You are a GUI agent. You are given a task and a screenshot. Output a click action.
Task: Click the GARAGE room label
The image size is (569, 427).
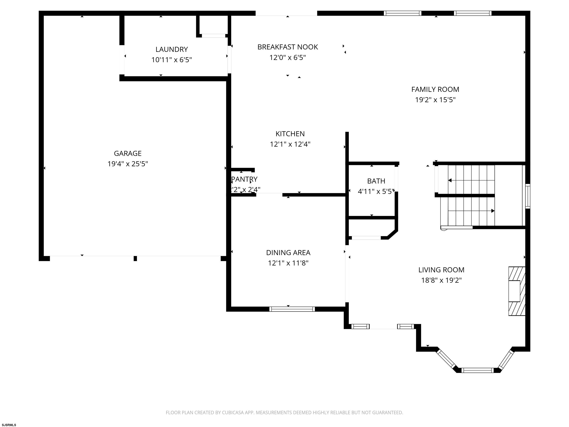(x=128, y=153)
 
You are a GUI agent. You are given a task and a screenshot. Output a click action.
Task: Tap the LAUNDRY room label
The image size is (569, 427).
(x=172, y=49)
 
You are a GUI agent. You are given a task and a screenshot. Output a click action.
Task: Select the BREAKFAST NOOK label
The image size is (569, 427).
(x=288, y=47)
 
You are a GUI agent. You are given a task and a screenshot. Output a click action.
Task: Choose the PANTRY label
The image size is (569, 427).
(x=244, y=179)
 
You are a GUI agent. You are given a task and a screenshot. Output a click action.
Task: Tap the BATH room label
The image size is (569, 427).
(x=376, y=181)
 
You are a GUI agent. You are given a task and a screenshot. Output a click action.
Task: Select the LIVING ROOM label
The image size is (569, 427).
(x=441, y=270)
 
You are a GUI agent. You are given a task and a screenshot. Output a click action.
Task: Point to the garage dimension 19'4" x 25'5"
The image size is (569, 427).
(x=128, y=164)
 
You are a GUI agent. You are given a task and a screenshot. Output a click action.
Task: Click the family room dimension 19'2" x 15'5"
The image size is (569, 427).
(x=435, y=100)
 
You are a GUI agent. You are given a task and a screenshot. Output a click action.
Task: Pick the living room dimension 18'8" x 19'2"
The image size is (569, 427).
(x=441, y=280)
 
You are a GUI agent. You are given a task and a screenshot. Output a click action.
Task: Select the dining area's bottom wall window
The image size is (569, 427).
(x=292, y=309)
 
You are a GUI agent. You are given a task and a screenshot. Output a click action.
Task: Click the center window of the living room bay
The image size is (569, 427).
(x=478, y=370)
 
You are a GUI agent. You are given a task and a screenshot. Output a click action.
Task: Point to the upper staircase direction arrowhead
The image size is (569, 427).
(x=450, y=181)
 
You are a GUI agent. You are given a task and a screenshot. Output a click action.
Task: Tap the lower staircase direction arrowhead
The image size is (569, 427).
(x=493, y=211)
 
